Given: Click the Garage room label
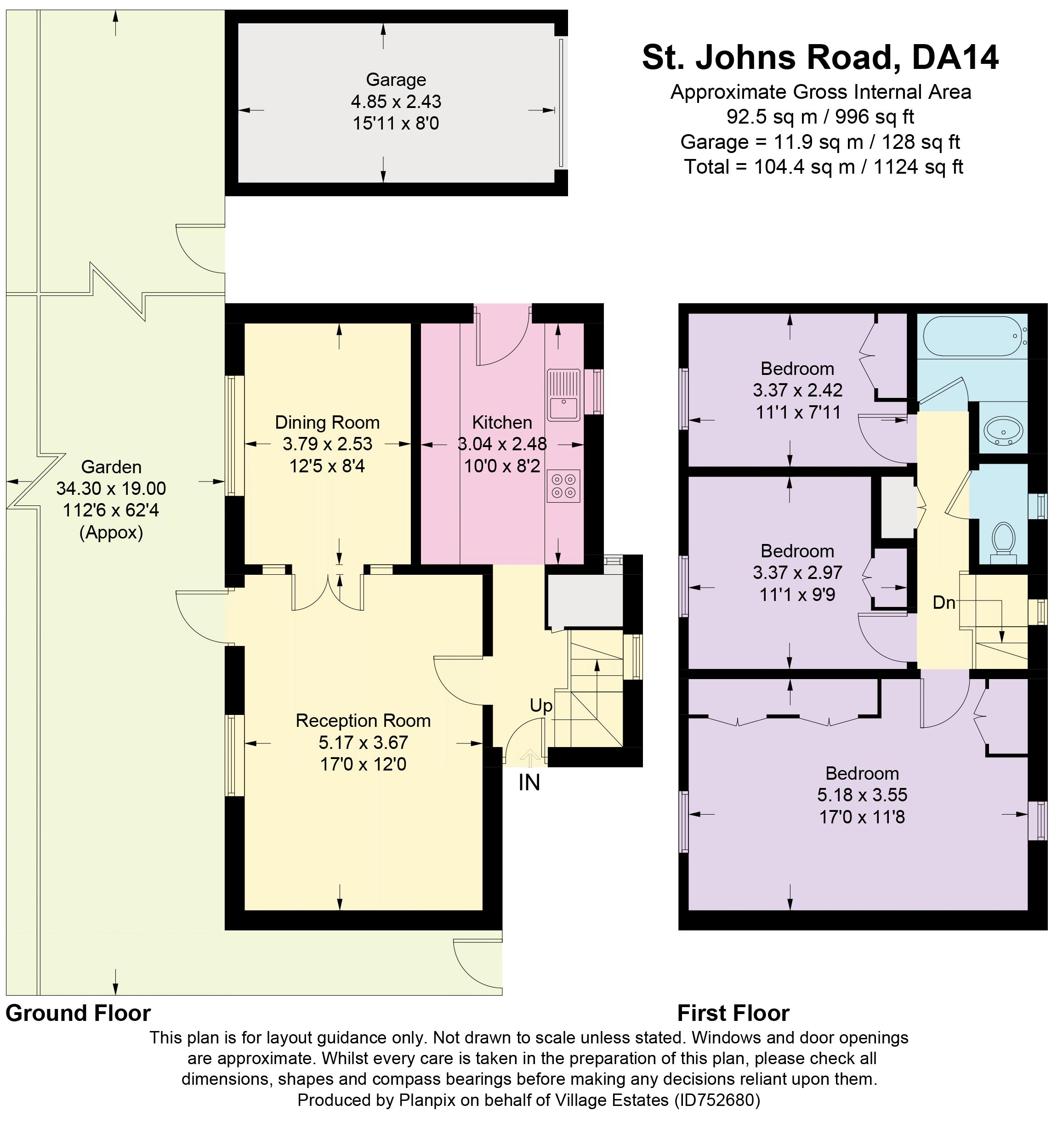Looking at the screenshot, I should coord(396,80).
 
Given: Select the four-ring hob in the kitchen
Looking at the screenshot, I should coord(563,486).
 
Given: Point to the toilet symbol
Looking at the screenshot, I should coord(1004,540).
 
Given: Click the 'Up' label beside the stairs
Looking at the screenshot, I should coord(540,706).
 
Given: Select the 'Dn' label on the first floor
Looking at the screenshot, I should coord(944,603).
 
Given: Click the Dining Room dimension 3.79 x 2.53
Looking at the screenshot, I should coord(328,444).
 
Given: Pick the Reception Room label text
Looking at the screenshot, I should coord(363,720).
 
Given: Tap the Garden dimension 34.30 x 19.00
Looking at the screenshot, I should coord(111,488).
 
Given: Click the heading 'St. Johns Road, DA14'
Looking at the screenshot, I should coord(820,57).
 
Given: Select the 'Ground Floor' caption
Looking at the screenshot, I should coord(78,1013).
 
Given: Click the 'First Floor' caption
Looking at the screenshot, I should coord(733,1013).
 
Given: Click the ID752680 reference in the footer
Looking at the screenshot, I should coord(716,1100).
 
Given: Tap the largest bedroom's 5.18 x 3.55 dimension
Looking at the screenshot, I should coord(862,794).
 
